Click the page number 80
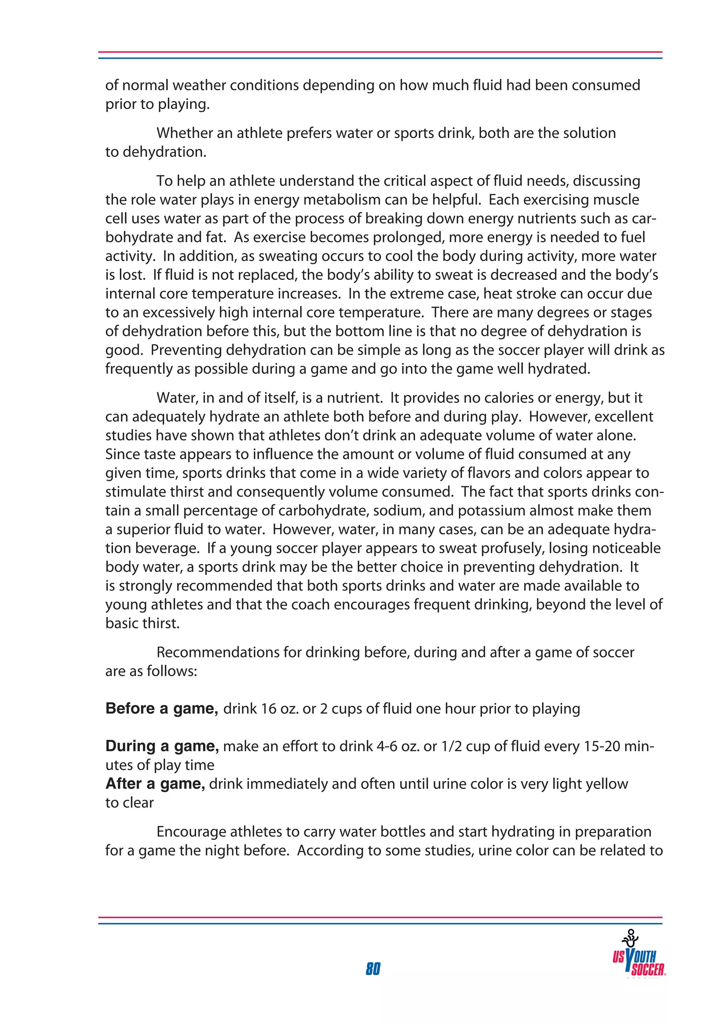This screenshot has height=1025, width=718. tap(373, 968)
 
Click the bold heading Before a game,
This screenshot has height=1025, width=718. tap(161, 708)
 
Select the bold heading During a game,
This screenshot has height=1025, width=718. tap(162, 746)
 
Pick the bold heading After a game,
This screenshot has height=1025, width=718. tap(155, 784)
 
